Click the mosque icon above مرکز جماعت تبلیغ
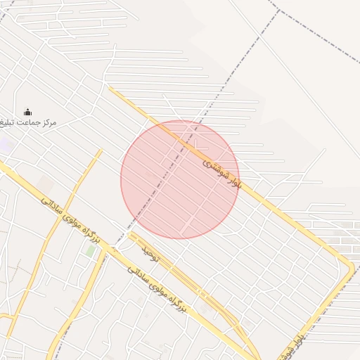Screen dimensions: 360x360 click(x=28, y=111)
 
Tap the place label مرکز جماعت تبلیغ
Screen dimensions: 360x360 click(x=28, y=123)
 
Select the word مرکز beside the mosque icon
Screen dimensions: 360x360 click(x=49, y=123)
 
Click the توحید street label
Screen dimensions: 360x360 click(x=151, y=255)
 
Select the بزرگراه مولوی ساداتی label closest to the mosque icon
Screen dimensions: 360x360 click(x=70, y=221)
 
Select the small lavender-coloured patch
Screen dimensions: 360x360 click(x=6, y=146)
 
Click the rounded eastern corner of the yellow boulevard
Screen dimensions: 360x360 click(x=349, y=267)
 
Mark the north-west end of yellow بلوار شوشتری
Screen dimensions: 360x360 click(x=110, y=89)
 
